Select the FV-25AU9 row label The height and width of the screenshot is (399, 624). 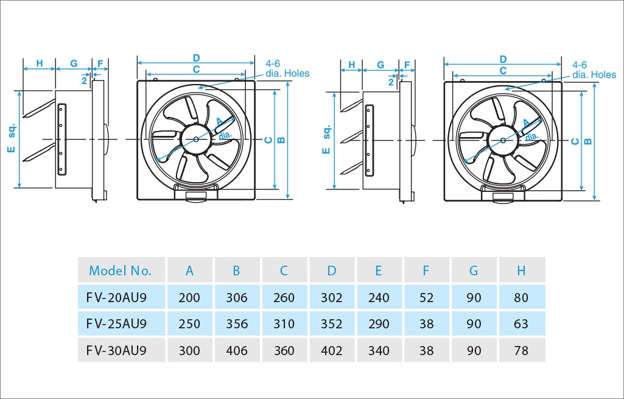[x=116, y=323]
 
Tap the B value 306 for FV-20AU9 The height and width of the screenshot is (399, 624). [x=237, y=298]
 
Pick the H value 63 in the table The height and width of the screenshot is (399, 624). [x=521, y=323]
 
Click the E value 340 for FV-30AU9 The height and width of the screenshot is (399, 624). [x=379, y=351]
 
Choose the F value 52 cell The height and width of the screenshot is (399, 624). [x=426, y=298]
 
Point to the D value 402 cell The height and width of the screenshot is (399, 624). [x=331, y=351]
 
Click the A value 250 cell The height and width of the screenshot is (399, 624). [x=189, y=323]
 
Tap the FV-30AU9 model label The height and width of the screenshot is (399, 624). [x=116, y=350]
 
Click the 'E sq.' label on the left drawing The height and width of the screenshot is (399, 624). [x=12, y=139]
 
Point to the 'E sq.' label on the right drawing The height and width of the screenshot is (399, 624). [x=326, y=139]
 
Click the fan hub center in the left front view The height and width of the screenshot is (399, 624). [x=196, y=139]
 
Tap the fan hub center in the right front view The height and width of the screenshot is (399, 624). [x=503, y=139]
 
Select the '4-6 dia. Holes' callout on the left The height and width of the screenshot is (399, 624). [x=287, y=69]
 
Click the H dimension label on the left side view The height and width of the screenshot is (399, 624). [x=39, y=63]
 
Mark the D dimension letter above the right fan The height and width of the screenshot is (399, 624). [x=503, y=59]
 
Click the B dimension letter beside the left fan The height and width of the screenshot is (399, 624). [x=281, y=139]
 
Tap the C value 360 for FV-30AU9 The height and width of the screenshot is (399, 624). [x=284, y=351]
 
